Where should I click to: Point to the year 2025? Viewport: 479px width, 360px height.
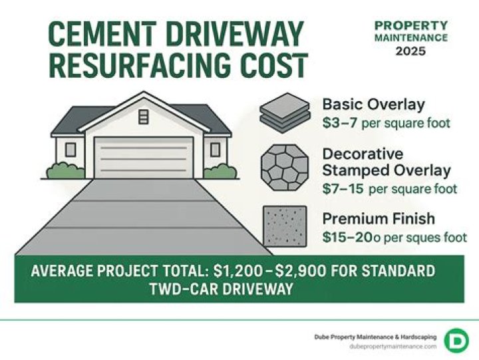410,51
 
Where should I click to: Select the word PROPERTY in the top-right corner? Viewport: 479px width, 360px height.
410,25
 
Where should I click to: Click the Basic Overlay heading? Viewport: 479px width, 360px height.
373,104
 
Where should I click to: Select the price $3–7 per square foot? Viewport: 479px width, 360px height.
386,123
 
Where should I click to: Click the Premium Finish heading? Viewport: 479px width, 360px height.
378,218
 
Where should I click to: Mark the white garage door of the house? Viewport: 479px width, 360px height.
144,158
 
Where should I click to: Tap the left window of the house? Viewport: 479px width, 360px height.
71,150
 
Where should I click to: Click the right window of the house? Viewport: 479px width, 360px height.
215,150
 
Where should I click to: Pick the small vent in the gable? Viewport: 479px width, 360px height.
144,117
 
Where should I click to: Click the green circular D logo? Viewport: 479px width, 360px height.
456,339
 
